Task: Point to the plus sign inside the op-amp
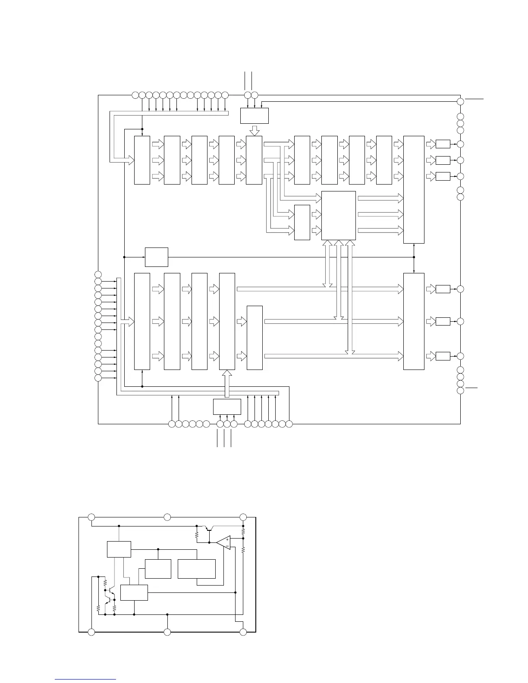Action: pyautogui.click(x=227, y=539)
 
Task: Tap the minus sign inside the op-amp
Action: pyautogui.click(x=227, y=546)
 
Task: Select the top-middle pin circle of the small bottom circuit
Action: pyautogui.click(x=167, y=517)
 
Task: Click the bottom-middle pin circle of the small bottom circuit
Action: pyautogui.click(x=167, y=632)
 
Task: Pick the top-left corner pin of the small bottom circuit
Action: pyautogui.click(x=91, y=517)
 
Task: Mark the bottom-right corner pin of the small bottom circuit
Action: pyautogui.click(x=243, y=632)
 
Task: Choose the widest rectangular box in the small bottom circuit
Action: pyautogui.click(x=197, y=569)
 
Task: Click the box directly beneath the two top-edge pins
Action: pyautogui.click(x=254, y=116)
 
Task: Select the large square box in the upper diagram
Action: pyautogui.click(x=339, y=215)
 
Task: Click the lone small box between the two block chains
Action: pyautogui.click(x=156, y=257)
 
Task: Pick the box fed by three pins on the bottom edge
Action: pyautogui.click(x=227, y=407)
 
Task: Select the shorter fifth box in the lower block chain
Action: pyautogui.click(x=255, y=338)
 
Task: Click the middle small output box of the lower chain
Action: pyautogui.click(x=443, y=321)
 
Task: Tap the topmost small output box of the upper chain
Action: pyautogui.click(x=443, y=144)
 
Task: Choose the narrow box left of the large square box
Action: pyautogui.click(x=302, y=222)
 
